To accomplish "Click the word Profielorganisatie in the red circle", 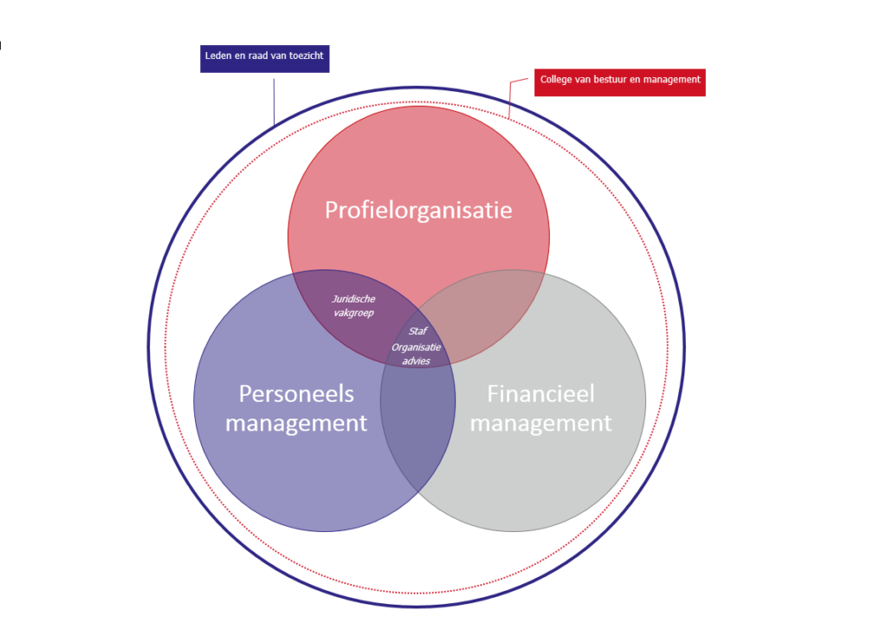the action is click(x=418, y=211).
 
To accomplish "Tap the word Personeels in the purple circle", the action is click(x=296, y=394).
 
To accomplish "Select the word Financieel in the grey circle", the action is click(x=541, y=394).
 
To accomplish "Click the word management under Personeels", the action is click(x=296, y=424).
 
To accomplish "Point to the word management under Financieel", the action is click(x=541, y=424).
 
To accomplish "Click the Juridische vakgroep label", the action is click(x=353, y=306).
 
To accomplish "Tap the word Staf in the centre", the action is click(x=418, y=331).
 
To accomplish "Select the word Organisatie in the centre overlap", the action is click(x=417, y=347).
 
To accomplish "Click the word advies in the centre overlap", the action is click(x=417, y=361).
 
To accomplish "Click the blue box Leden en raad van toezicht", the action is click(x=265, y=59).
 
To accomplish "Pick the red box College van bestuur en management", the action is click(x=620, y=82).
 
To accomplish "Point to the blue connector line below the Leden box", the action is click(x=275, y=102).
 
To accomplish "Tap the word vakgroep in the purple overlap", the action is click(x=353, y=313).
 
